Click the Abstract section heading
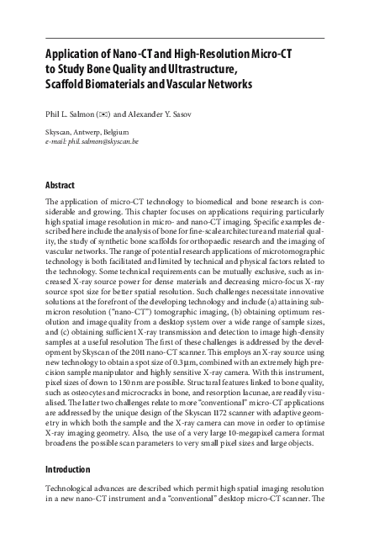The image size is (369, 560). pyautogui.click(x=60, y=185)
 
